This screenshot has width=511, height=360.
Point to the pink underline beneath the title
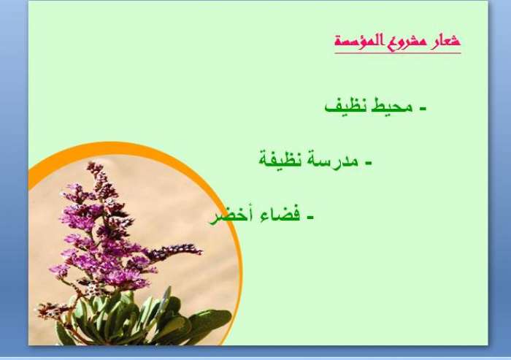(x=398, y=53)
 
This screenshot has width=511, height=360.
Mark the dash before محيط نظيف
(x=423, y=108)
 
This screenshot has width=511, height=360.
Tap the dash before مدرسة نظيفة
(x=368, y=162)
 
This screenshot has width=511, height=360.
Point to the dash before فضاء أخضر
(x=310, y=217)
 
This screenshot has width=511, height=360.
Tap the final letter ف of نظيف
(x=331, y=107)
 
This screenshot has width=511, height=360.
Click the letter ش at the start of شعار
(x=454, y=40)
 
